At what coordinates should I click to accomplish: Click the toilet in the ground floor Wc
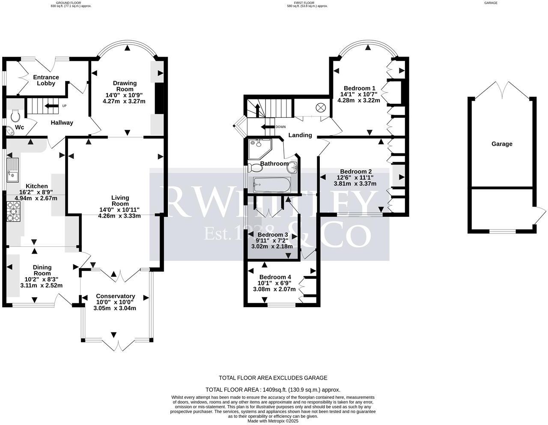[15, 116]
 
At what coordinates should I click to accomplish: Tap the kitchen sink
[12, 169]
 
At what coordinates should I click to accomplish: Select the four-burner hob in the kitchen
[13, 212]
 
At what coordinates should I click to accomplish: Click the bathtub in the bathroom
[272, 186]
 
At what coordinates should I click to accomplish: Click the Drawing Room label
[125, 86]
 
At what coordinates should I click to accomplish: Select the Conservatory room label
[115, 296]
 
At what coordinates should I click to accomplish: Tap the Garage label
[501, 144]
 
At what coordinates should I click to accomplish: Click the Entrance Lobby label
[46, 80]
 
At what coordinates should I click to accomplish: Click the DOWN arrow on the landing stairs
[270, 127]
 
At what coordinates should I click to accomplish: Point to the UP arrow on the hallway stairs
[53, 106]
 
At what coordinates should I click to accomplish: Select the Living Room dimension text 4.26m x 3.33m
[119, 216]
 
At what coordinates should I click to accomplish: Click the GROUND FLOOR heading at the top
[68, 3]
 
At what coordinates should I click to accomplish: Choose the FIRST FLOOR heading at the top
[301, 3]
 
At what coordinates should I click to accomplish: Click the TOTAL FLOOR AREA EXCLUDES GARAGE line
[273, 378]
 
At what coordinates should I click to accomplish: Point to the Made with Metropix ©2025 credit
[273, 421]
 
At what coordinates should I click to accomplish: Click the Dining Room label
[42, 270]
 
